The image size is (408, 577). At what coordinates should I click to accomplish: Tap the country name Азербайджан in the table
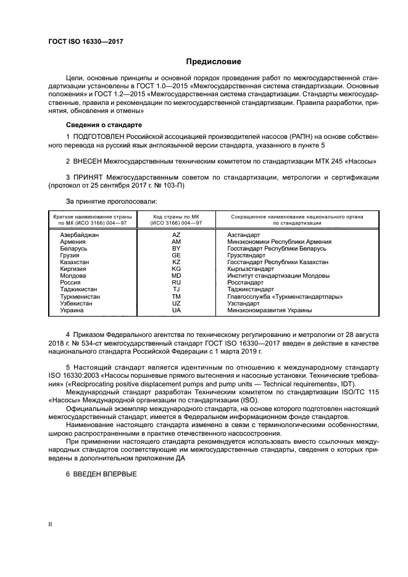pyautogui.click(x=79, y=235)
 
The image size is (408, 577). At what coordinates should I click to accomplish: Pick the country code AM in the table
pyautogui.click(x=176, y=242)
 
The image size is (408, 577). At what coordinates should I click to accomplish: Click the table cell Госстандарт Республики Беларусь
pyautogui.click(x=276, y=249)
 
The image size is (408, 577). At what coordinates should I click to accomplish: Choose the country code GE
pyautogui.click(x=176, y=255)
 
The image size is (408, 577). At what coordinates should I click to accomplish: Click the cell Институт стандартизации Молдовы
pyautogui.click(x=277, y=276)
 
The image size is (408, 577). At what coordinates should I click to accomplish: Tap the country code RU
pyautogui.click(x=176, y=283)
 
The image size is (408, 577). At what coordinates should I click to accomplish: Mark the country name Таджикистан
pyautogui.click(x=78, y=289)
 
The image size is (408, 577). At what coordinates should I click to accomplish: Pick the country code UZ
pyautogui.click(x=176, y=303)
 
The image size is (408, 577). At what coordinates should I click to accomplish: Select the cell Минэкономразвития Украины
pyautogui.click(x=269, y=310)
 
